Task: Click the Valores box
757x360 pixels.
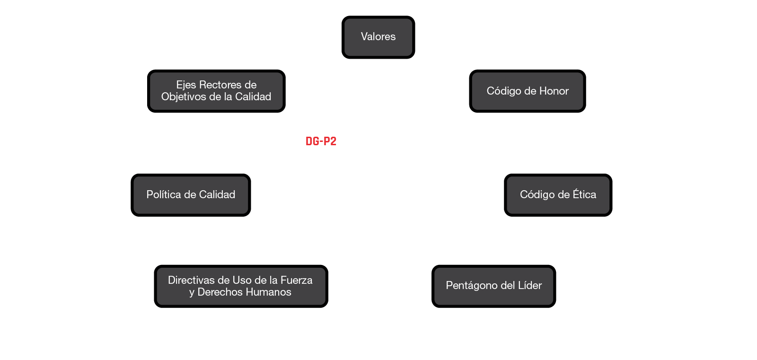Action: (x=378, y=37)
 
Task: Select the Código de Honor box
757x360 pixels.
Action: (x=528, y=91)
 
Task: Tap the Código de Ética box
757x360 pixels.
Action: (x=558, y=194)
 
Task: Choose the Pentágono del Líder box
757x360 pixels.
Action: (x=493, y=286)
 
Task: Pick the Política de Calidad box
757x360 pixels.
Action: (x=191, y=195)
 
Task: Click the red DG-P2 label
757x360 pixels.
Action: (x=321, y=141)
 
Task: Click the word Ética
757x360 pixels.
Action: (x=584, y=194)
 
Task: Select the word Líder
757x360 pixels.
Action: (x=530, y=285)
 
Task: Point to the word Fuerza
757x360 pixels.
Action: (x=297, y=280)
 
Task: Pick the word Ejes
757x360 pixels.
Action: (x=186, y=85)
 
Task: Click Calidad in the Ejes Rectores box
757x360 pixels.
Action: (x=253, y=97)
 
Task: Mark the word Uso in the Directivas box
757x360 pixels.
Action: (x=241, y=280)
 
